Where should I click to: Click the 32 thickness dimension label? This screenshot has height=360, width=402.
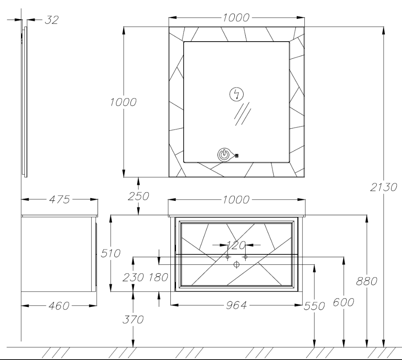coord(52,20)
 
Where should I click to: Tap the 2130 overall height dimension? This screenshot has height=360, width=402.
coord(384,187)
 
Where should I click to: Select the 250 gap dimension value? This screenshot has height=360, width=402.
coord(138,196)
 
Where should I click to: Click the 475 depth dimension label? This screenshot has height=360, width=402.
coord(59,200)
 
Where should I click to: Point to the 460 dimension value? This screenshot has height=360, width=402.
coord(59,306)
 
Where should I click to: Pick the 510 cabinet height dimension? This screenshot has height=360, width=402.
coord(110,253)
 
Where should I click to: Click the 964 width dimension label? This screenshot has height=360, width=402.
coord(236,305)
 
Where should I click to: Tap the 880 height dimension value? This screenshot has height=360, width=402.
coord(367,281)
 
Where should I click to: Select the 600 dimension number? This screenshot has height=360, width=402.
coord(344,302)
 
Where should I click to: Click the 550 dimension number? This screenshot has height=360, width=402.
coord(314,306)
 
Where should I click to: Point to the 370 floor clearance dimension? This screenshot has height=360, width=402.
coord(133,320)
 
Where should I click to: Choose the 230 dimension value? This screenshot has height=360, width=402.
coord(133,277)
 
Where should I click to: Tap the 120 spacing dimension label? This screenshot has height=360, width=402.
coord(236,245)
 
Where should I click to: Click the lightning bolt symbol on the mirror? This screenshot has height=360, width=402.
coord(237,94)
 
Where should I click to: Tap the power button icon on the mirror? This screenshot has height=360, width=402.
coord(224,155)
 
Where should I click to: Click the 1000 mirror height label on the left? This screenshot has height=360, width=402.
coord(123,102)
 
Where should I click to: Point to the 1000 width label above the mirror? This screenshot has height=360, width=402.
coord(236,18)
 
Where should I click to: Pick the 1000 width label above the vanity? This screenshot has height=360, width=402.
coord(236,200)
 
